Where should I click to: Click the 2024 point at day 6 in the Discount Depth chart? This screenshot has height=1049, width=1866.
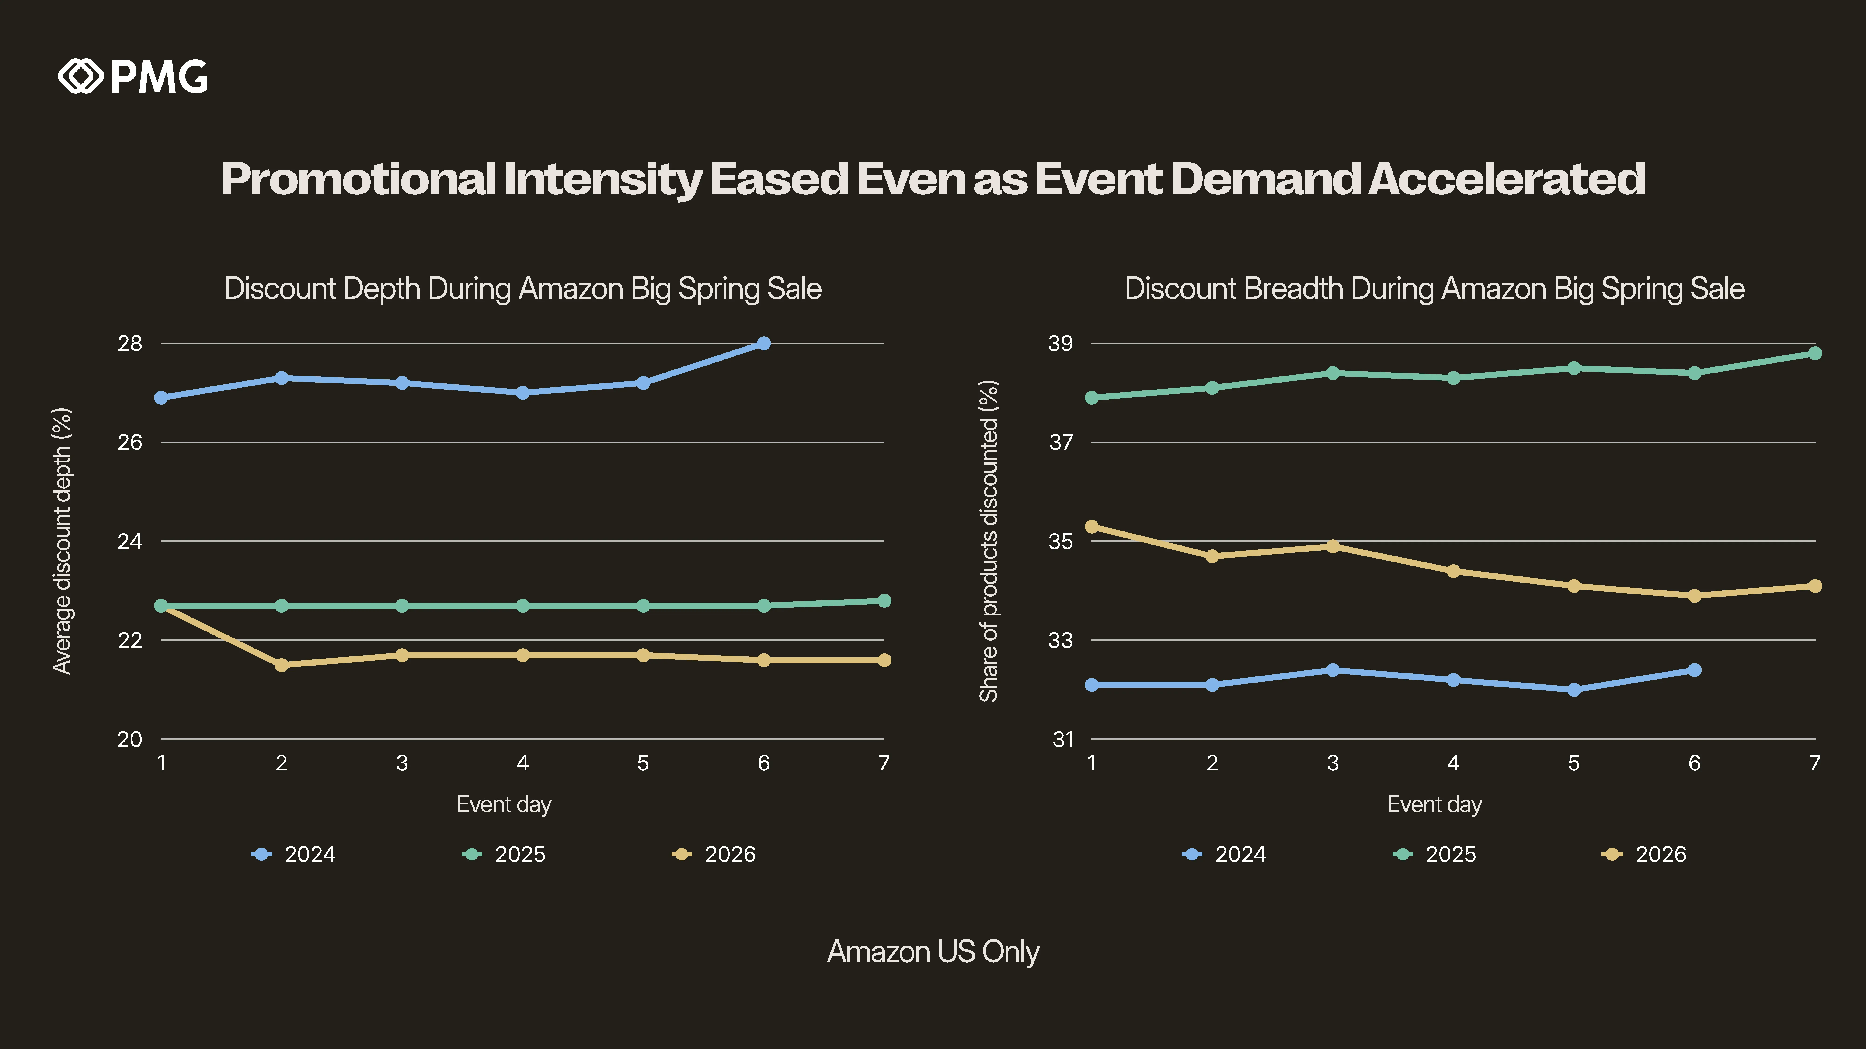click(763, 343)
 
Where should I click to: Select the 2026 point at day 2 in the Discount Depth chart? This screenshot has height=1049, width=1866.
click(282, 665)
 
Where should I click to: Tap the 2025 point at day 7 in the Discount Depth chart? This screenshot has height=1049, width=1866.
click(884, 601)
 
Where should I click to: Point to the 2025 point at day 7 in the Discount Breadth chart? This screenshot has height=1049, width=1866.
click(1815, 353)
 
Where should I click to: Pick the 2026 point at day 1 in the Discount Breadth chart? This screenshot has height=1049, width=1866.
click(1092, 526)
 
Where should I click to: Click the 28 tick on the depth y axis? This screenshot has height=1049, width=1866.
click(130, 343)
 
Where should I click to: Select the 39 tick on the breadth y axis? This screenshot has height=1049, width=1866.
click(1061, 343)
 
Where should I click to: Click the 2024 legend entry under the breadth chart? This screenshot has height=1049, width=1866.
click(1224, 854)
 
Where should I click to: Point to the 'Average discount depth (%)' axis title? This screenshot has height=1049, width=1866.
click(62, 541)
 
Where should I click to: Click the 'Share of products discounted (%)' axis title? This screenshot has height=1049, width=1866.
click(989, 541)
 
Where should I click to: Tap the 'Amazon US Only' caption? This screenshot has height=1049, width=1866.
click(933, 951)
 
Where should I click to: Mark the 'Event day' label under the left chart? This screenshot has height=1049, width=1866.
click(504, 804)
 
